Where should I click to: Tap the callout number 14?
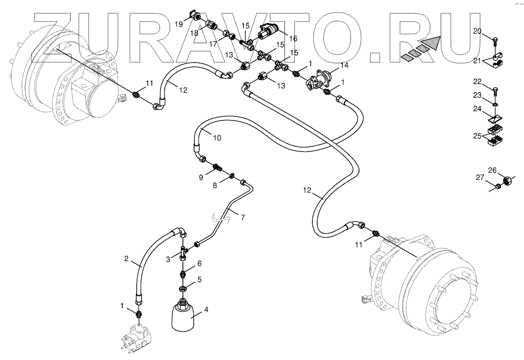pos(344,65)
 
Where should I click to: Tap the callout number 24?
pos(477,108)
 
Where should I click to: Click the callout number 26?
pos(493,171)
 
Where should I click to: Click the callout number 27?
pos(480,178)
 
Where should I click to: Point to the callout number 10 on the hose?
pos(217,138)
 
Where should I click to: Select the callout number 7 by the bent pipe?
pos(243,217)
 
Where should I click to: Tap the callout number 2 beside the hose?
pos(126,258)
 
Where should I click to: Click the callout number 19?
pos(179,24)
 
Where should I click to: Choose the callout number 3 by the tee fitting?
pos(168,259)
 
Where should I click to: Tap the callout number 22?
pos(477,81)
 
